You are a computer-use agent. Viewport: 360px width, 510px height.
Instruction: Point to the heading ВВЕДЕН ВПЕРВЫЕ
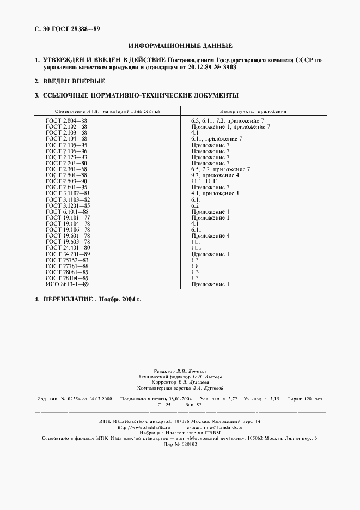coord(74,81)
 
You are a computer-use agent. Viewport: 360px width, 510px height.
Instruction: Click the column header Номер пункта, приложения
coord(253,111)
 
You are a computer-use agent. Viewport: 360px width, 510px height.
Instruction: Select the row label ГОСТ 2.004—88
coord(66,120)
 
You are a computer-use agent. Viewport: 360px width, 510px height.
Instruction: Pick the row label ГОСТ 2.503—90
coord(66,181)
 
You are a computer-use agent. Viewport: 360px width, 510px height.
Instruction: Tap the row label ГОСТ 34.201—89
coord(68,254)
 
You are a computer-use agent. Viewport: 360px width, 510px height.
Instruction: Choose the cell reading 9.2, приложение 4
coord(215,175)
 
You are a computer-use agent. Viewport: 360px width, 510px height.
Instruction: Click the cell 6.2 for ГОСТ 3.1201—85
coord(195,205)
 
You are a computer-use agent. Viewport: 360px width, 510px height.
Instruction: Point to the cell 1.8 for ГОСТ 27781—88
coord(195,266)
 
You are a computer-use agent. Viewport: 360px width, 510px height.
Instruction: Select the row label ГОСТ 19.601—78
coord(68,236)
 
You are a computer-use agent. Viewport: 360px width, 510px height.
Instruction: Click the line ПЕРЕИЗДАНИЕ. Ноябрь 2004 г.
coord(91,300)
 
